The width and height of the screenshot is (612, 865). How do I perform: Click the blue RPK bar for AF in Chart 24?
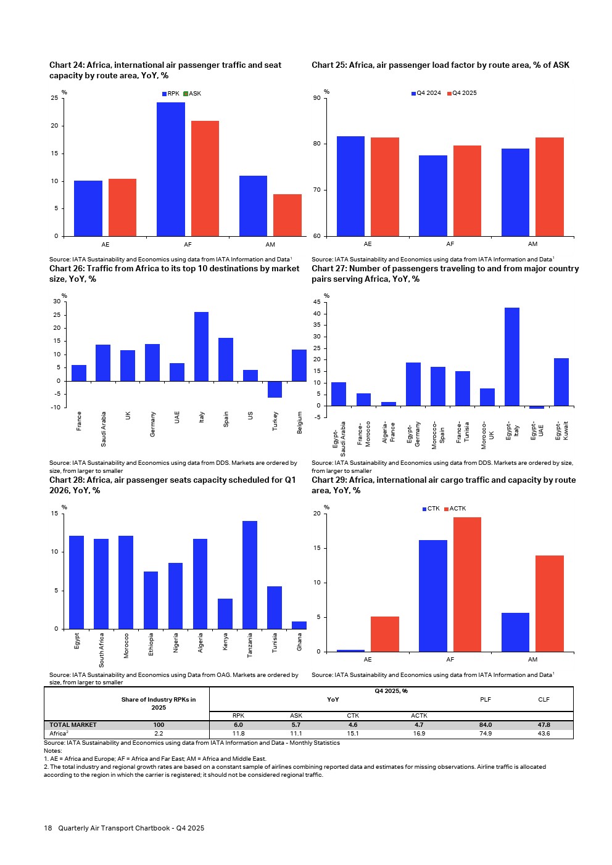[171, 169]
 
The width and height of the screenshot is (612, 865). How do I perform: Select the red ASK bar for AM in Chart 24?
[287, 215]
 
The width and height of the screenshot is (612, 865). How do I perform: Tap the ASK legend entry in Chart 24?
[192, 94]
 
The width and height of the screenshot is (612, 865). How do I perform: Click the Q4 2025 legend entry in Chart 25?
[462, 93]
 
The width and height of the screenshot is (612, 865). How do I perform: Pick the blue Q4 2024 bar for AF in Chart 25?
[433, 195]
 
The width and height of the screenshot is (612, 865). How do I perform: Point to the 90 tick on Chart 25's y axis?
[316, 98]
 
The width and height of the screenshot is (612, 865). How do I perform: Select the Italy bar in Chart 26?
[201, 346]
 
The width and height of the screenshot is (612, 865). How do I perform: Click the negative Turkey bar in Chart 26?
[275, 389]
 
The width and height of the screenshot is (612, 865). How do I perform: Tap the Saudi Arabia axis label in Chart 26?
[104, 428]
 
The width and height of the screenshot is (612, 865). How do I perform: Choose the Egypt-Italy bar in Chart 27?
[512, 356]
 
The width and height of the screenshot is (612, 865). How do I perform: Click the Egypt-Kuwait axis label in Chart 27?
[561, 430]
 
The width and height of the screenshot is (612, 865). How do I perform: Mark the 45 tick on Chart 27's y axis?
[316, 302]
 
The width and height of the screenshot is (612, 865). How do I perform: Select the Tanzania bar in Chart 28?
[250, 575]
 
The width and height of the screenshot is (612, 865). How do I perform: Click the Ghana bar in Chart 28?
[299, 625]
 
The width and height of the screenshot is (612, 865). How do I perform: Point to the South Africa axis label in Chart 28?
[102, 650]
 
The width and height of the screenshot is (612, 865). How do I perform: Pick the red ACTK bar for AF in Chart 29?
[467, 584]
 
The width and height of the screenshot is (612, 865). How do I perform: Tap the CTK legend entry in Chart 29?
[431, 509]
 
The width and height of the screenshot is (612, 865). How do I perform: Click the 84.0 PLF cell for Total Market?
[486, 725]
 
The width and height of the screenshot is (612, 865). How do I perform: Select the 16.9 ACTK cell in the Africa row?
[419, 734]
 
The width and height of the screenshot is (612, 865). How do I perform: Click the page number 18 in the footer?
[48, 828]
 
